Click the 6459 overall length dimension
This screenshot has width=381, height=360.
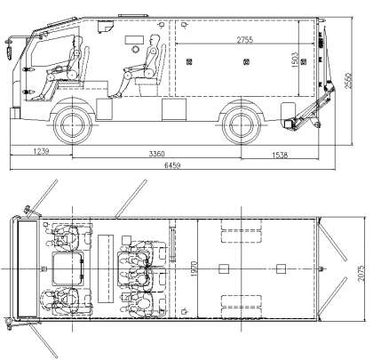[172, 165]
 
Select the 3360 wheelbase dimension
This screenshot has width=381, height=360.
[156, 154]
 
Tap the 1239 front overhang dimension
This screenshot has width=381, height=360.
[41, 151]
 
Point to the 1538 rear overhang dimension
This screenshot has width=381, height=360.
[280, 155]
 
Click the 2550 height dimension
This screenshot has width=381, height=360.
[348, 80]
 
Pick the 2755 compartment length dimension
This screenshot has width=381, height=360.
[245, 40]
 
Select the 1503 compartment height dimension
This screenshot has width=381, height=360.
[295, 60]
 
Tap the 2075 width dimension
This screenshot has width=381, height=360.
[361, 273]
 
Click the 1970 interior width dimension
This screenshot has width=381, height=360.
[194, 268]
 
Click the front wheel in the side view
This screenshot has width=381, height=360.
[73, 125]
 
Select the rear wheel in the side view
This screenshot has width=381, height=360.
[242, 125]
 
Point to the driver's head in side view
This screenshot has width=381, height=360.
[78, 41]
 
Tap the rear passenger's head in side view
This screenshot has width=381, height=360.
[155, 39]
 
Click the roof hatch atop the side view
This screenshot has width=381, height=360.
[133, 15]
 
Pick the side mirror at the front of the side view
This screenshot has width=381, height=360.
[9, 50]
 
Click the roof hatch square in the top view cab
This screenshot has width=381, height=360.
[67, 268]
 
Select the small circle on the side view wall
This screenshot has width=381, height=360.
[135, 49]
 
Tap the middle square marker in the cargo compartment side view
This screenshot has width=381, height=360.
[245, 62]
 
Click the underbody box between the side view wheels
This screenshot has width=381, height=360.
[174, 109]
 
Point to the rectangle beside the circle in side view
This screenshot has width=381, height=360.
[134, 40]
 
